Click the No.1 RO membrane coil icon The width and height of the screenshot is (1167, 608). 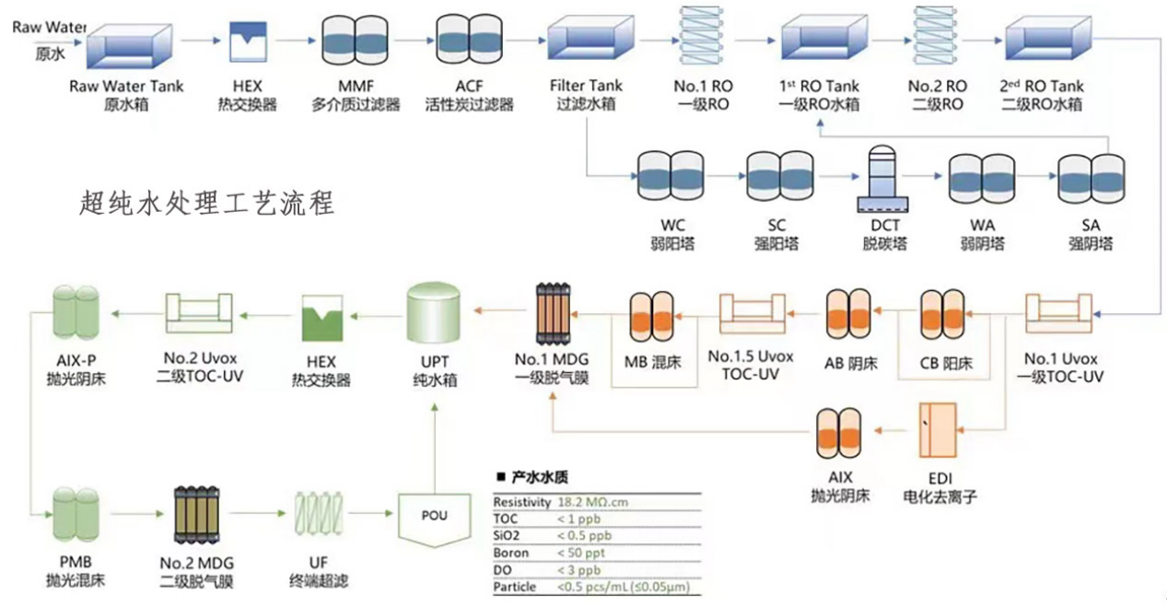(702, 37)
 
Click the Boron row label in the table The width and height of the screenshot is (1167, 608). (511, 553)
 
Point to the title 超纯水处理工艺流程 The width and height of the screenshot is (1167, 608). (206, 202)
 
